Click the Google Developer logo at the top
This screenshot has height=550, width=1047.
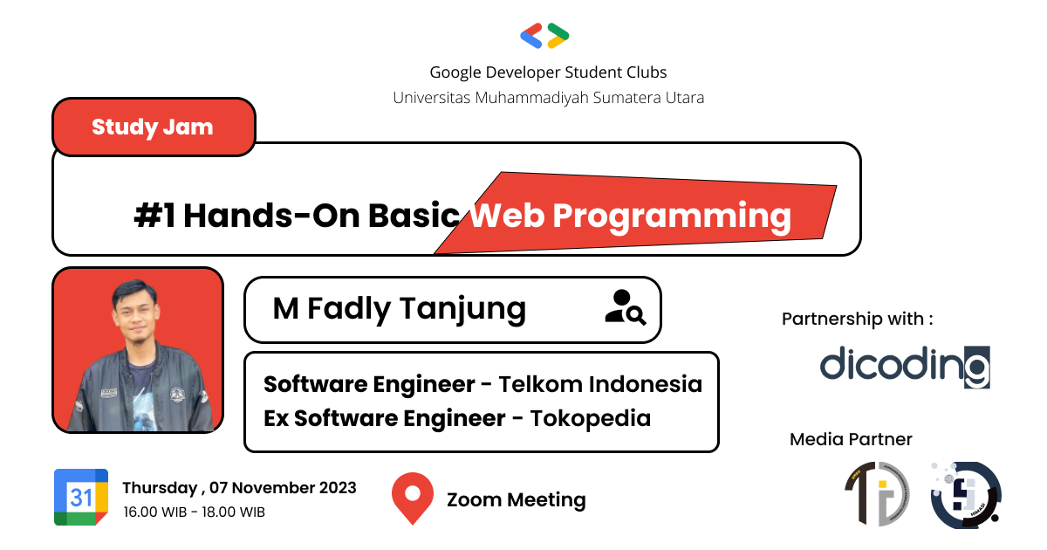pos(544,36)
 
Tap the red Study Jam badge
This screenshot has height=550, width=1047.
pos(153,127)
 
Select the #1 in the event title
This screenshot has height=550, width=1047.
pos(154,215)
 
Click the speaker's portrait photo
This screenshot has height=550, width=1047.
pos(138,350)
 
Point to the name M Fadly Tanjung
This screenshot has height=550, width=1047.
pos(399,308)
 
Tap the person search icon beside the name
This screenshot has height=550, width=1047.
pos(625,308)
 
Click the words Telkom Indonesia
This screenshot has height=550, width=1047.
pos(600,384)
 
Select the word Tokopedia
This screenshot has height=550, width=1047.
pos(592,418)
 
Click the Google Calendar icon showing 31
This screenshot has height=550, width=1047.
pos(81,497)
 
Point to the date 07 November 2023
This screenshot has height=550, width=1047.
pos(280,487)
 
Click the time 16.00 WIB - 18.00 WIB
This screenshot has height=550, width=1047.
pos(194,512)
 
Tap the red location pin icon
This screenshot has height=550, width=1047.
pos(413,498)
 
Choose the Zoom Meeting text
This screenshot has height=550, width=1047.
pos(516,500)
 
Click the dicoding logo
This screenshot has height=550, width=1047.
pos(905,366)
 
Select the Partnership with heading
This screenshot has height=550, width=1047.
pos(857,319)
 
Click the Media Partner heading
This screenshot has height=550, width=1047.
pos(851,439)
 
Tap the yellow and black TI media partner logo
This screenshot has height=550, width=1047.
pos(877,494)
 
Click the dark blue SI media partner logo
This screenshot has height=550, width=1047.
pos(965,495)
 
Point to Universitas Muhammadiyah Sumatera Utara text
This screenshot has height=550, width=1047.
pos(548,97)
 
